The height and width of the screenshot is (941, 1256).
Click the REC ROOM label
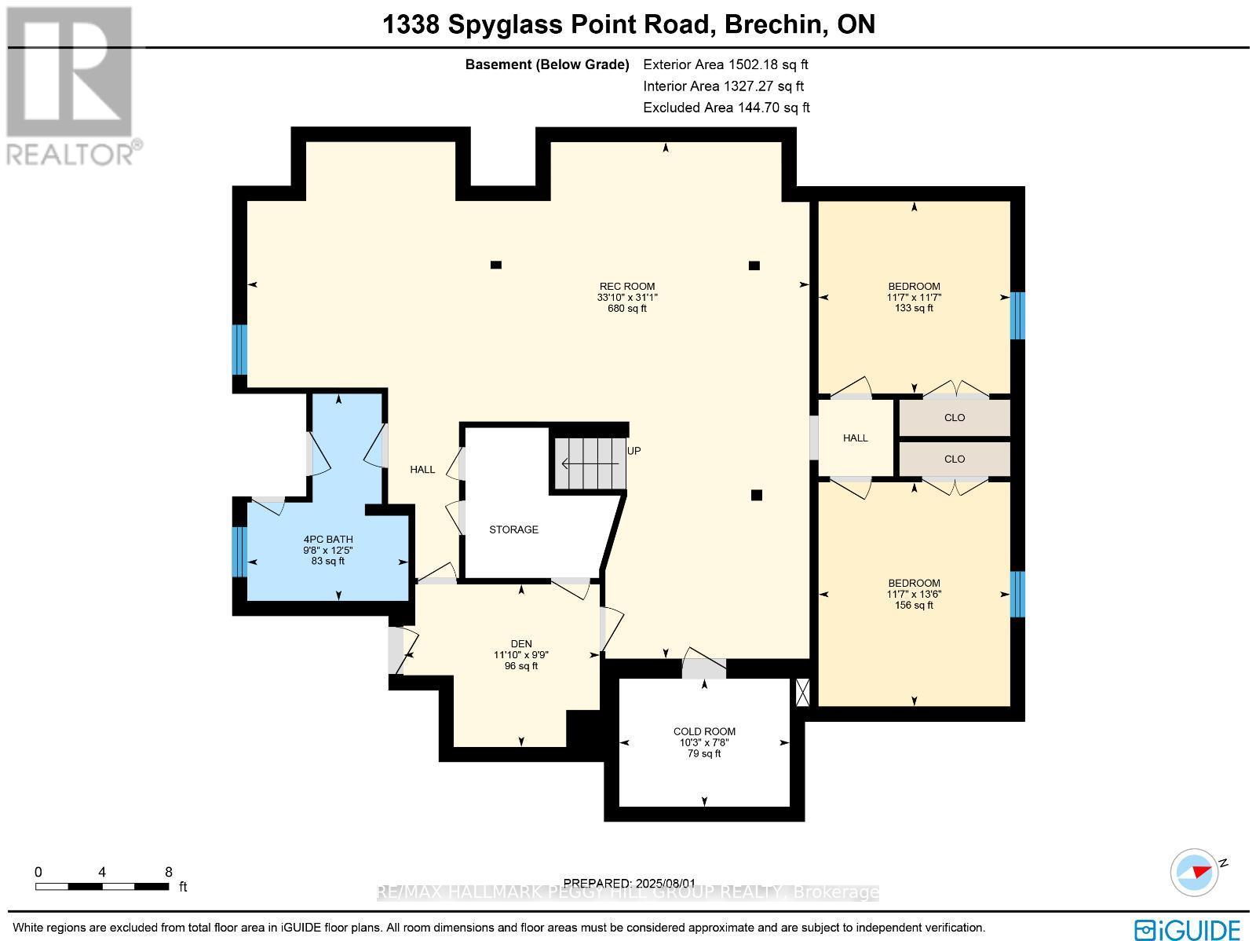tap(626, 297)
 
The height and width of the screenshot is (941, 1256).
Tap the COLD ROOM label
tap(703, 742)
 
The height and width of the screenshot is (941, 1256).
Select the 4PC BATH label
tap(328, 550)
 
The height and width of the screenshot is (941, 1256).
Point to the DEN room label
tap(521, 654)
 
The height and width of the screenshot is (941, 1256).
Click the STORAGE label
tap(513, 529)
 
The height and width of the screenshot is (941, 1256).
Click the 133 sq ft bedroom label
tap(914, 297)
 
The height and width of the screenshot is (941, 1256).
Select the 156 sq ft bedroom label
tap(914, 594)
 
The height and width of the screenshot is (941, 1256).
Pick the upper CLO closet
tap(954, 418)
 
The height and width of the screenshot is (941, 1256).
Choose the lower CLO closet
tap(954, 460)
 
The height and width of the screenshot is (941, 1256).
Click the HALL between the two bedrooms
tap(855, 438)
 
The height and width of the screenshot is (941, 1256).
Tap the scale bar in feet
tap(102, 886)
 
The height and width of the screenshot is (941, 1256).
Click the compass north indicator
tap(1195, 872)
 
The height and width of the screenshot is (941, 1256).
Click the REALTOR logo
tap(72, 86)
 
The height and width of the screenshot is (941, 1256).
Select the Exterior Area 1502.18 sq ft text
tap(725, 64)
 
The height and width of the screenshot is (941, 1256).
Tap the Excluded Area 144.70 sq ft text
tap(726, 108)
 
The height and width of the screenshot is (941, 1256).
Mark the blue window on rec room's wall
tap(240, 350)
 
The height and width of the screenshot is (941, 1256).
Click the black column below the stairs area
tap(757, 495)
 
